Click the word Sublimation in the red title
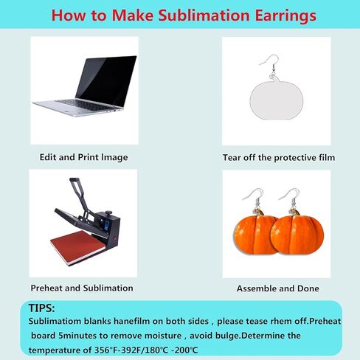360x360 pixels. tap(204, 15)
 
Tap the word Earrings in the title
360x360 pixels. tap(285, 16)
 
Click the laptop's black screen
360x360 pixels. tap(106, 80)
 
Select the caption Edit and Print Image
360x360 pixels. tap(83, 157)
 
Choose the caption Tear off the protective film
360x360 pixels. tap(279, 158)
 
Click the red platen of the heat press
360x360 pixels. tap(78, 247)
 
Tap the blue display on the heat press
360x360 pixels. tap(107, 226)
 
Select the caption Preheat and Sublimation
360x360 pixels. tap(82, 288)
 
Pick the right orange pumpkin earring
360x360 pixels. tap(297, 235)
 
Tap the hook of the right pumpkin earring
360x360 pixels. tap(290, 198)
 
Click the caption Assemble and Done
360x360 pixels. tap(277, 288)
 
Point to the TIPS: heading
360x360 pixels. tap(41, 308)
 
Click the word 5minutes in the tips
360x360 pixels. tap(77, 336)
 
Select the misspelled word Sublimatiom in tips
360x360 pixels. tap(55, 321)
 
